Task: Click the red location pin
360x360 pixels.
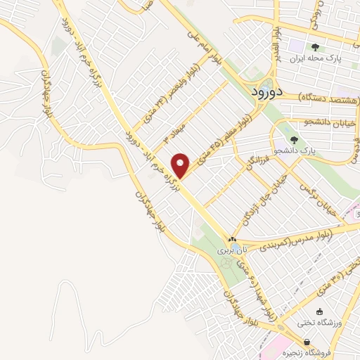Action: [x=181, y=165]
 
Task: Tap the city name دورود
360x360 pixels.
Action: [x=267, y=91]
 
